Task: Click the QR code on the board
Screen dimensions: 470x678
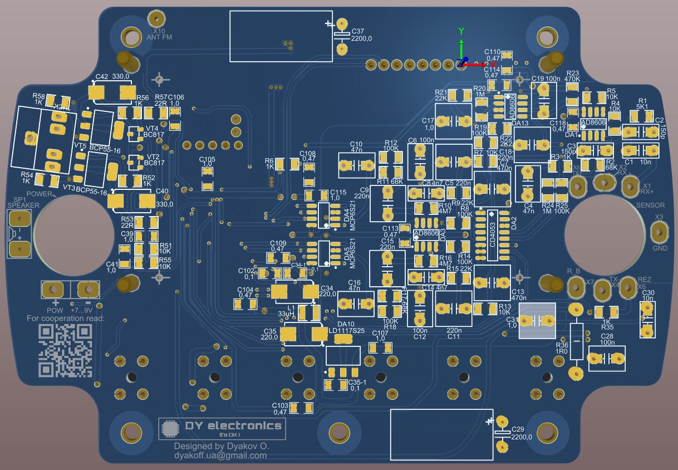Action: tap(65, 350)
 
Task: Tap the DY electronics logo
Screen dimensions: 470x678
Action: tap(222, 428)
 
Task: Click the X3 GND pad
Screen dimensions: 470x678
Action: tap(659, 231)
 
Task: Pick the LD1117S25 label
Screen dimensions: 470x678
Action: tap(346, 331)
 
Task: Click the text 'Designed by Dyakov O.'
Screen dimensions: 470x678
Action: tap(221, 446)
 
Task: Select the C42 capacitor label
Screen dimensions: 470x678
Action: tap(102, 77)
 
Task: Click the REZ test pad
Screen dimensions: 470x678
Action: tap(628, 286)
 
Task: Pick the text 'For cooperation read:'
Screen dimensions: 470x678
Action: tap(66, 319)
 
